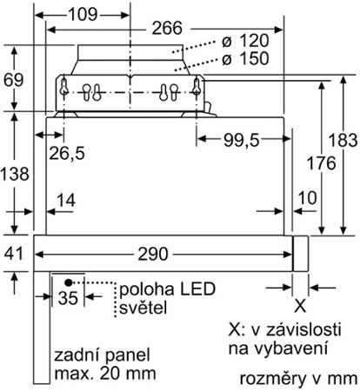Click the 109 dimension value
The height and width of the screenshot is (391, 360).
click(83, 14)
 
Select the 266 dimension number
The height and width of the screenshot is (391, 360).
click(167, 28)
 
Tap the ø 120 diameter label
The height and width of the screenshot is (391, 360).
click(245, 41)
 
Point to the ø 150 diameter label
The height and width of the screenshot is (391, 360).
click(245, 58)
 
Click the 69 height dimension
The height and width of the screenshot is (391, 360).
click(13, 80)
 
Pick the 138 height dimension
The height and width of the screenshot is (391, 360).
click(15, 174)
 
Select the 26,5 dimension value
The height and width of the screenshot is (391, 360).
click(67, 153)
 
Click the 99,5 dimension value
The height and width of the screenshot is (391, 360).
click(241, 141)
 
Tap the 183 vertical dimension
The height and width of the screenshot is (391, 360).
click(343, 140)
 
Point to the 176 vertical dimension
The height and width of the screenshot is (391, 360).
click(321, 163)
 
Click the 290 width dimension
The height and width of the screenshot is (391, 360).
click(153, 254)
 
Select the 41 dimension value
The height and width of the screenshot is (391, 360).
click(13, 254)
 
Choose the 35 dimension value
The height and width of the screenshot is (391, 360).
click(68, 298)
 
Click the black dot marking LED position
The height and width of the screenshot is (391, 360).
click(68, 282)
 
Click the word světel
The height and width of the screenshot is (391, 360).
click(143, 307)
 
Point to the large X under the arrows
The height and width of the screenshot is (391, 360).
click(300, 305)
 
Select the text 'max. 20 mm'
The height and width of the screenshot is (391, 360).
click(105, 374)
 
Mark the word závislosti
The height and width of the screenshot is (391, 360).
click(303, 330)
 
